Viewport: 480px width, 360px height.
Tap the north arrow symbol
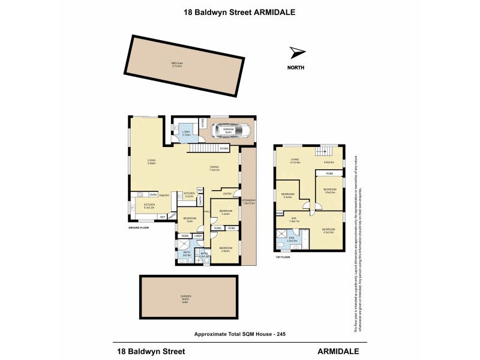point(297,52)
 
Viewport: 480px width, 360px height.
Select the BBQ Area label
point(176,65)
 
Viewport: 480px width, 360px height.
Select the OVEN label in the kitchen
point(153,194)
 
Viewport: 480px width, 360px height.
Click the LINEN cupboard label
point(197,236)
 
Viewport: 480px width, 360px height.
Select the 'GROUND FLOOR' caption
point(142,229)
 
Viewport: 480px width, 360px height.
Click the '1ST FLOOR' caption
point(282,256)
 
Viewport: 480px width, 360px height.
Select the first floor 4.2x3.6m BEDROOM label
point(328,231)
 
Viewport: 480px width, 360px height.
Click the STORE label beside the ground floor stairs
point(224,148)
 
